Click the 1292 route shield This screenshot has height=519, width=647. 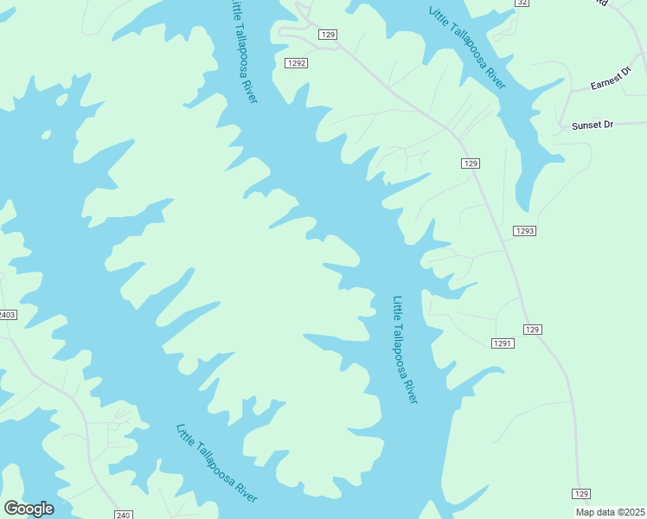pos(297,63)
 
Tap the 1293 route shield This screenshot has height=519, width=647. pos(524,231)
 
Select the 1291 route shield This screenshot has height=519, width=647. pos(503,343)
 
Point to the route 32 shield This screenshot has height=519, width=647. pos(522,3)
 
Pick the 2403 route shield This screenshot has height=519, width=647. pos(7,315)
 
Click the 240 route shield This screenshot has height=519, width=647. pos(123,515)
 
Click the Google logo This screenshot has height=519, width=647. pos(29,509)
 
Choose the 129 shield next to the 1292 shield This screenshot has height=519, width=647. pos(327,34)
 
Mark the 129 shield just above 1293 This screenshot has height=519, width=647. pos(470,163)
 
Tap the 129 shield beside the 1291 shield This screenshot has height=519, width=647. pos(532,330)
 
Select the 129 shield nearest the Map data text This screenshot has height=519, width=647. pos(581,494)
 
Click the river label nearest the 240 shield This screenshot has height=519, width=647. pos(216,464)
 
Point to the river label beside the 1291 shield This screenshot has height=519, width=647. pos(405,349)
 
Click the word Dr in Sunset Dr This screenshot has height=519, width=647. pos(607,125)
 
